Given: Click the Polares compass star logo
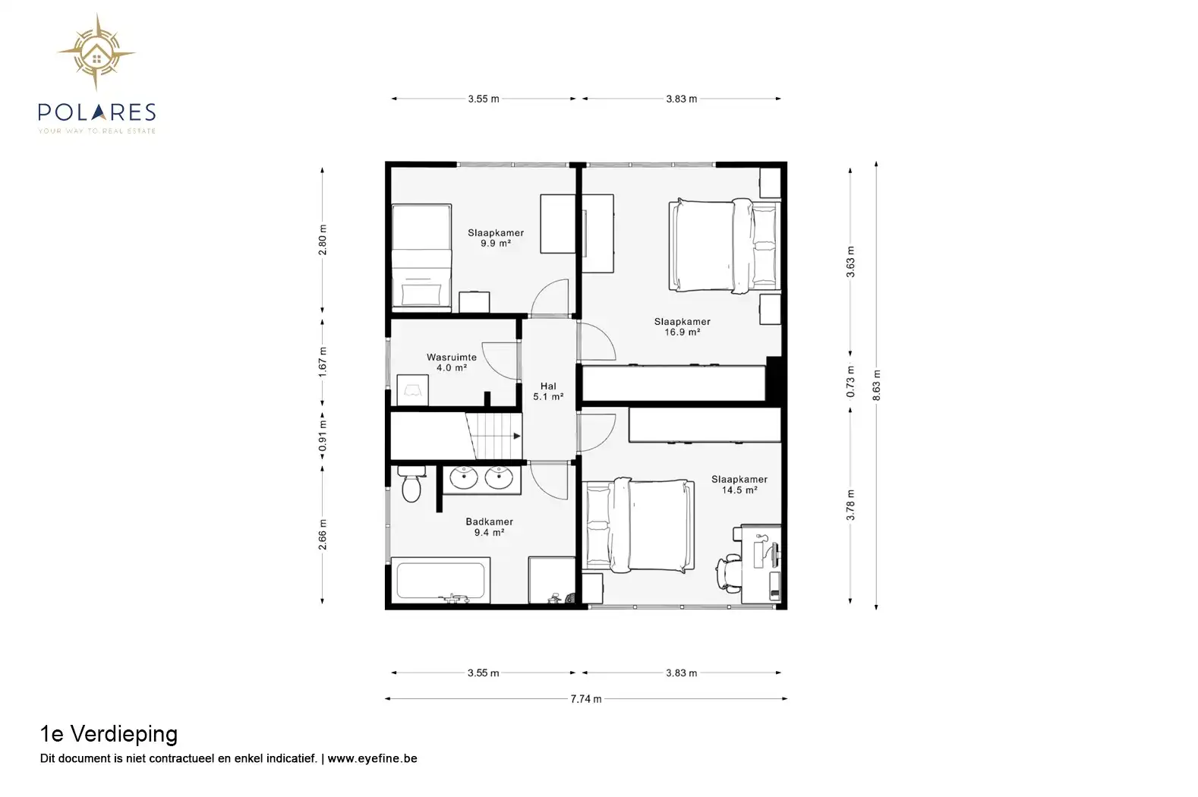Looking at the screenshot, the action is (x=96, y=52).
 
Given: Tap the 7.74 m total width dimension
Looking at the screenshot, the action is (x=585, y=698).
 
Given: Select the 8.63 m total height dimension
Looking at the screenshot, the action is (x=876, y=385).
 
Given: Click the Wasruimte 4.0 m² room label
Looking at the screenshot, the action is (x=452, y=362).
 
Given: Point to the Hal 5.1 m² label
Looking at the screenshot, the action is (x=548, y=391).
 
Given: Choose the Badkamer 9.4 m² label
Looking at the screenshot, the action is (x=490, y=527).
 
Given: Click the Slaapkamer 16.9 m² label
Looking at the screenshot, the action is (x=683, y=327).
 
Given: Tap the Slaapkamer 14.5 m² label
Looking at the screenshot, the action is (x=739, y=484).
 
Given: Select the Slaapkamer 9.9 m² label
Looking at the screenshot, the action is (x=496, y=238).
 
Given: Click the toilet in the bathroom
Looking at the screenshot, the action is (x=411, y=484).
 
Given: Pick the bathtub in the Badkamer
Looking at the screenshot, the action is (x=440, y=581).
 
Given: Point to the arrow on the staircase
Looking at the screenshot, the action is (x=517, y=436).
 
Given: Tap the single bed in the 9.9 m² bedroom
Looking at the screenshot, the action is (x=421, y=257).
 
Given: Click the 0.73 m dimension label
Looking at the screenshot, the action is (x=850, y=382).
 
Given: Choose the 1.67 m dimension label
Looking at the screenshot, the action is (x=322, y=362).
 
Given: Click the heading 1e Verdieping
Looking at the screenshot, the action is (x=109, y=734).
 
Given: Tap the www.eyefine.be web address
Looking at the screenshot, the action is (x=372, y=758).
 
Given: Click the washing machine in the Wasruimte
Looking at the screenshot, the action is (x=412, y=390).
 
